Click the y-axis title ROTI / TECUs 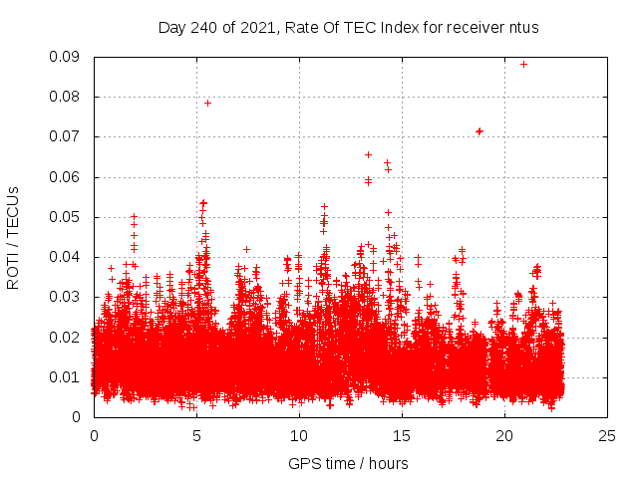coord(13,237)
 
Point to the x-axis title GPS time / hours coord(348,463)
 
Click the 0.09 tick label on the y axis coord(68,57)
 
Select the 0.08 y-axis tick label coord(68,97)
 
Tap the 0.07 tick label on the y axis coord(68,136)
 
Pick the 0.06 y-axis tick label coord(68,177)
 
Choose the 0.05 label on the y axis coord(68,217)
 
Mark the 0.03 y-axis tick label coord(68,297)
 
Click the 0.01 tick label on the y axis coord(68,376)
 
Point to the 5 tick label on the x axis coord(196,435)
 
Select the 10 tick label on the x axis coord(299,435)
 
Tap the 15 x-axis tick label coord(402,435)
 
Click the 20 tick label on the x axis coord(504,435)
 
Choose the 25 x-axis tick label coord(607,435)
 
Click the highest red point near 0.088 coord(523,64)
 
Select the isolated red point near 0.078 coord(207,103)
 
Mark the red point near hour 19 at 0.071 coord(479,131)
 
